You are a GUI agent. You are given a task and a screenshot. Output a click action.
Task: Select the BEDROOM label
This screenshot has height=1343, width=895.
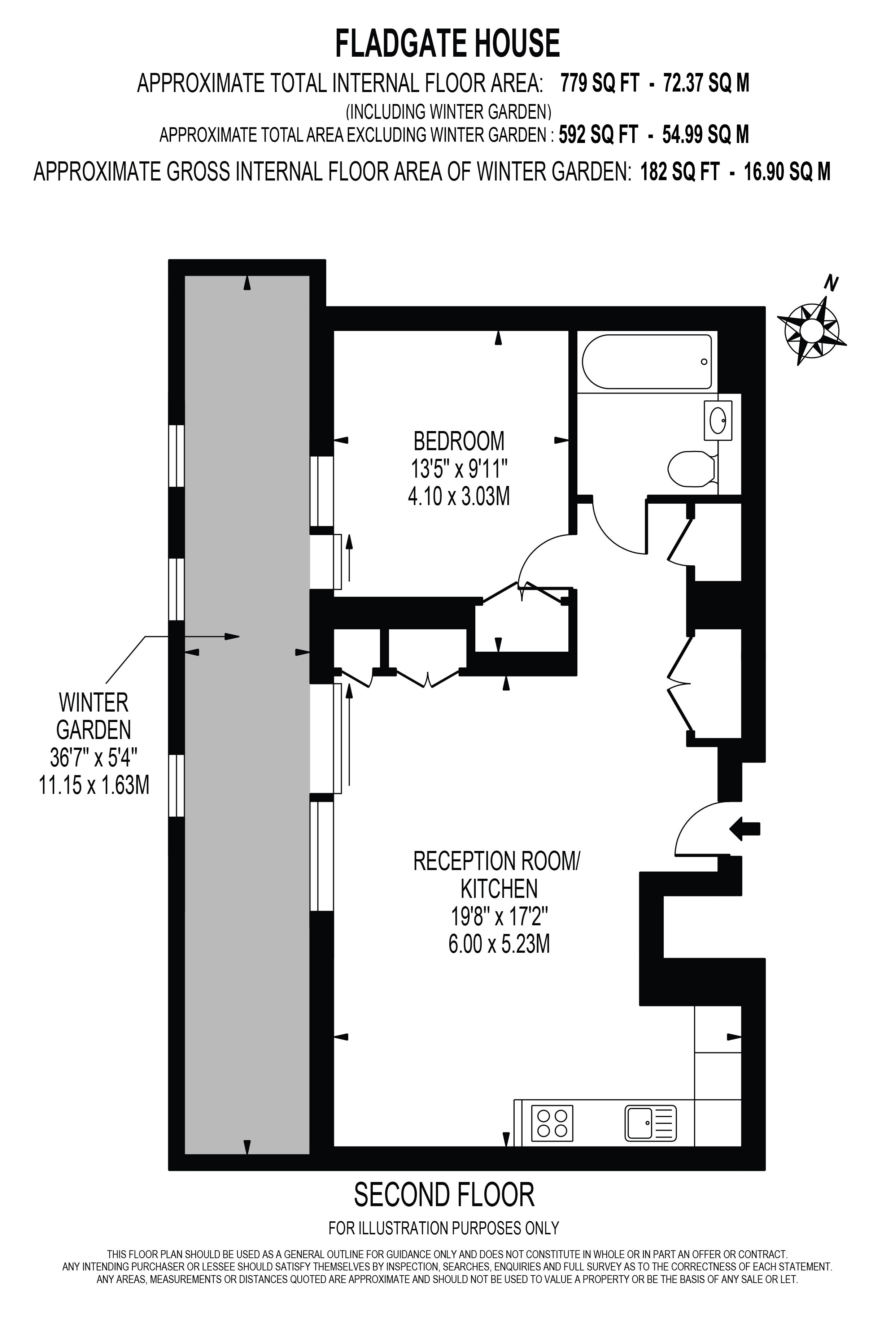459,442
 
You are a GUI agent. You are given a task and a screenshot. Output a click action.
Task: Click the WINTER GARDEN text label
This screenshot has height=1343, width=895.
93,717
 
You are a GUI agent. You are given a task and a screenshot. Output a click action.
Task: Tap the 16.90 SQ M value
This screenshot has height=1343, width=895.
787,171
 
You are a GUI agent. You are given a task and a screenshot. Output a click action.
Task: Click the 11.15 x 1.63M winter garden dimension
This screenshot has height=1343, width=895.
93,786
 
